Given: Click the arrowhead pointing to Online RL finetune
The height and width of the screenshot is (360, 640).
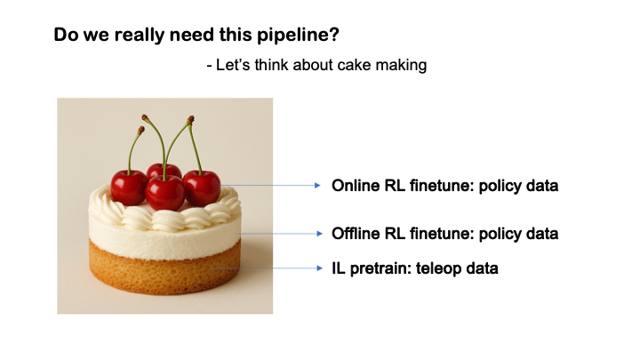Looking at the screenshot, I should (316, 186).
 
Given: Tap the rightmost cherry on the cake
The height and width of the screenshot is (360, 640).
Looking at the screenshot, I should (202, 187).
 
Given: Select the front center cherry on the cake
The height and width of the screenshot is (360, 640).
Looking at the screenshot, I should (165, 193).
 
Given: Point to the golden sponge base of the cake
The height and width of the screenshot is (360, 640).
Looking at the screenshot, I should (164, 276).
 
